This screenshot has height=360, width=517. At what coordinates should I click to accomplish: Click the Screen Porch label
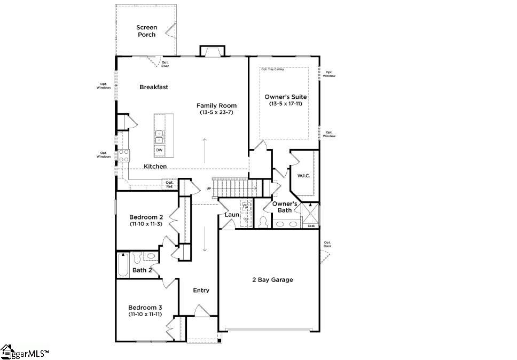click(146, 31)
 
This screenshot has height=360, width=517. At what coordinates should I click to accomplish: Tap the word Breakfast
click(154, 87)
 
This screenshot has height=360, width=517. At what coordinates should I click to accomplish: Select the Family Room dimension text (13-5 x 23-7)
click(216, 113)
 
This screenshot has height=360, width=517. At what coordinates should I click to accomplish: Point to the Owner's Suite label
click(286, 97)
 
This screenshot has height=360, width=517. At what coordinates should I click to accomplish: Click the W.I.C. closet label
click(303, 175)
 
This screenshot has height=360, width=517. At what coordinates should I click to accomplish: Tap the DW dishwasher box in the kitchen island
click(159, 151)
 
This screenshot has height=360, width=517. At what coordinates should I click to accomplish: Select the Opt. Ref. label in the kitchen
click(169, 184)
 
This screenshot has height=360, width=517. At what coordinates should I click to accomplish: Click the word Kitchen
click(155, 167)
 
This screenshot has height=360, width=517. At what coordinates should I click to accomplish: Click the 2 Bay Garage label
click(272, 280)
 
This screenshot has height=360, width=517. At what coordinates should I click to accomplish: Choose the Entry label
click(201, 291)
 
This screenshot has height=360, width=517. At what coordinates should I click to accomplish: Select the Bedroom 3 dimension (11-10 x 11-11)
click(145, 315)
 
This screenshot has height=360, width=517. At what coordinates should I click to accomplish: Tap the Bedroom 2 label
click(146, 217)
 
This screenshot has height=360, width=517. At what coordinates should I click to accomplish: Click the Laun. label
click(231, 215)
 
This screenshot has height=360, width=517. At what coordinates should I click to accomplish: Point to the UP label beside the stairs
click(208, 189)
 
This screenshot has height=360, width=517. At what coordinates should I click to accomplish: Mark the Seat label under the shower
click(311, 226)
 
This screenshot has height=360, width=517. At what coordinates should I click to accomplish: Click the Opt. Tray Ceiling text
click(272, 69)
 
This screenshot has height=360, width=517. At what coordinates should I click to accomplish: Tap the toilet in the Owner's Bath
click(263, 221)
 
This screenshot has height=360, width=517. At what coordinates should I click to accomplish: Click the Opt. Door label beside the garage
click(327, 244)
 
